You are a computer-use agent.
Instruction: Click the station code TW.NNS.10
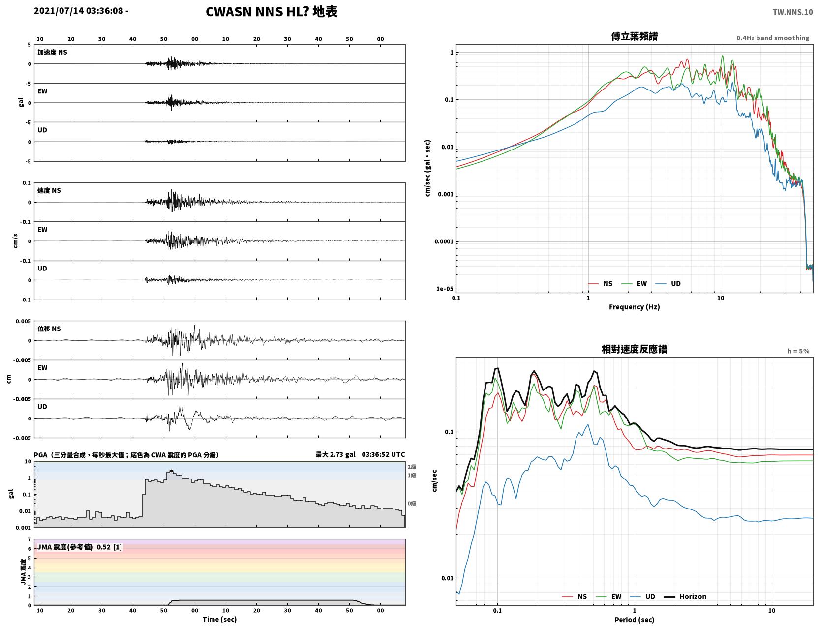(x=792, y=12)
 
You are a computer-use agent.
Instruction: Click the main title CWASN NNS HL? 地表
(x=272, y=12)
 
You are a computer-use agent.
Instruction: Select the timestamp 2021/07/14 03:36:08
(x=78, y=10)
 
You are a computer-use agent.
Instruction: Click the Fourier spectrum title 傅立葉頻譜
(x=635, y=36)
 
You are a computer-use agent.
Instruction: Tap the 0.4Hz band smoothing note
(x=772, y=38)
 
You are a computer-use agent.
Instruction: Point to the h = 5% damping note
(x=798, y=351)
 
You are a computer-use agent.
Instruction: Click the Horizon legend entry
(x=685, y=596)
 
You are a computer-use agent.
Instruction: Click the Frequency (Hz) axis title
(x=635, y=307)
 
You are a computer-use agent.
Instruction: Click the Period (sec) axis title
(x=635, y=620)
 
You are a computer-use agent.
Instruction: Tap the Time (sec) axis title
(x=219, y=619)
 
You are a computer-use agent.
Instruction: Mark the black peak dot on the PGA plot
(x=171, y=471)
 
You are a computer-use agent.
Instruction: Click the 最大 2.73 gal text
(x=335, y=454)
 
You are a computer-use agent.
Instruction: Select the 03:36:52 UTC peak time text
(x=383, y=454)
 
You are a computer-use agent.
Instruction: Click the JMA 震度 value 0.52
(x=103, y=547)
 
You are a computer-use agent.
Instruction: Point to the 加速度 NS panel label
(x=52, y=52)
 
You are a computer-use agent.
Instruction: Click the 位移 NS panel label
(x=49, y=329)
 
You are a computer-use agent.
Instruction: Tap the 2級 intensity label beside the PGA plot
(x=412, y=467)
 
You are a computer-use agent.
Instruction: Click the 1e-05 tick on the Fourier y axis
(x=445, y=289)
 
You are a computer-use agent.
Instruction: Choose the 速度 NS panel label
(x=49, y=190)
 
